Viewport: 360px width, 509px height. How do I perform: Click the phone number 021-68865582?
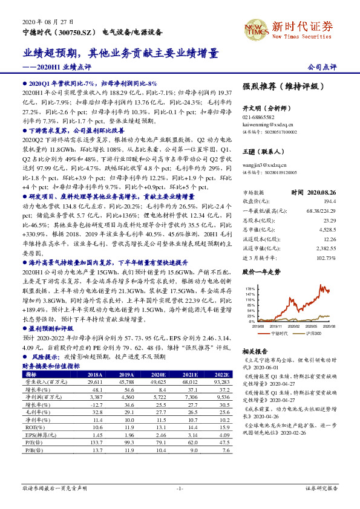point(258,117)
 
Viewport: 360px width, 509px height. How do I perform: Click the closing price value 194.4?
point(329,200)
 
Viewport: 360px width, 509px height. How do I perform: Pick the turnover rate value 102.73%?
point(325,258)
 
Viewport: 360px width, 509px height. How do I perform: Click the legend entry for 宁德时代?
point(279,333)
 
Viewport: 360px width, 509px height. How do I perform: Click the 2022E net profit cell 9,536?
point(223,398)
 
